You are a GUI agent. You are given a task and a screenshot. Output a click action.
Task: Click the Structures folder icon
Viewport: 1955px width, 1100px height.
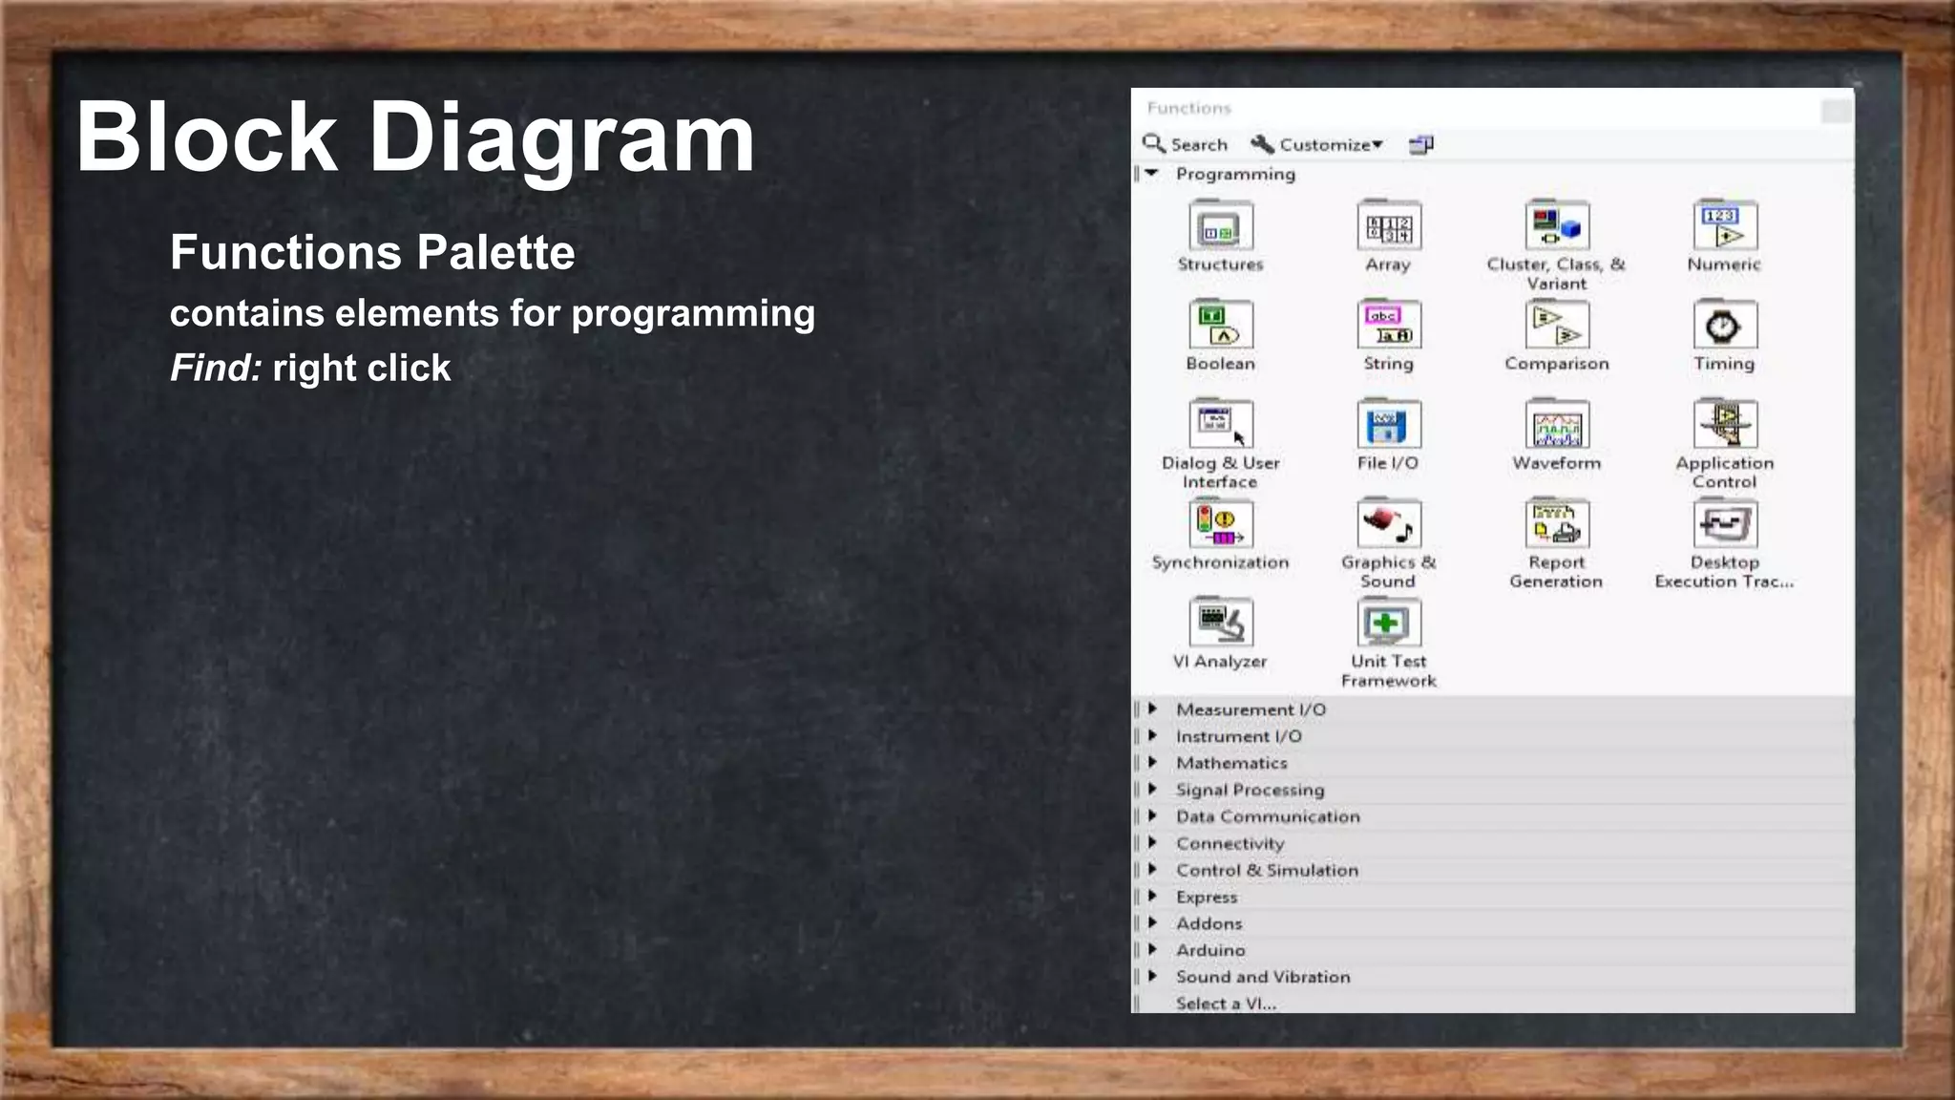tap(1220, 227)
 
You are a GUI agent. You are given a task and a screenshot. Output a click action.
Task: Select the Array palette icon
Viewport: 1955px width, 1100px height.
tap(1388, 227)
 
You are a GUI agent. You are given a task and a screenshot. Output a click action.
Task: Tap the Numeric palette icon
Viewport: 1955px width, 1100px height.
tap(1724, 227)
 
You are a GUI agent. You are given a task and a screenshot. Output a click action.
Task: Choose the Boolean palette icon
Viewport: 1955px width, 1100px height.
tap(1220, 326)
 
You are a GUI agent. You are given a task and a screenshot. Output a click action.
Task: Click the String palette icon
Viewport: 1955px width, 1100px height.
tap(1388, 326)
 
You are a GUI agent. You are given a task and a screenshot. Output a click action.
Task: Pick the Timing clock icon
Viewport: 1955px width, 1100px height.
tap(1724, 326)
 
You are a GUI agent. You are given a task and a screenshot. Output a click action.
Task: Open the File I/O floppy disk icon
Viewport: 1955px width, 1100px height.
tap(1388, 425)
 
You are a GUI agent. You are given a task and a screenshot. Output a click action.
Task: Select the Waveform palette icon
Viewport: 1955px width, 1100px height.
tap(1556, 425)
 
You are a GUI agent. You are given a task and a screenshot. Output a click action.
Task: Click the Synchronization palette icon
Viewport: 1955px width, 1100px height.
tap(1220, 524)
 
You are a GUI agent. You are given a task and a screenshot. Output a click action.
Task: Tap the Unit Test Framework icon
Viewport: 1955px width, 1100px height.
tap(1388, 624)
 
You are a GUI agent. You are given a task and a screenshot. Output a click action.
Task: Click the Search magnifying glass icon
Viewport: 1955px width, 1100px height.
tap(1154, 144)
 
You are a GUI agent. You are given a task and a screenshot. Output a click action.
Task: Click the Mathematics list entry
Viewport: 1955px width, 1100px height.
tap(1231, 763)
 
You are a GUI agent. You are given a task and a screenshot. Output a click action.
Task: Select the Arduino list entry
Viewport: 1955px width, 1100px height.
tap(1210, 950)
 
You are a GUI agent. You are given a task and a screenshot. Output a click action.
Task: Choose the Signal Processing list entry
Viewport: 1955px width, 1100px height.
tap(1250, 790)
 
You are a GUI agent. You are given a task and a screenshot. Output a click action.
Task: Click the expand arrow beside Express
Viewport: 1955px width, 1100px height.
tap(1153, 897)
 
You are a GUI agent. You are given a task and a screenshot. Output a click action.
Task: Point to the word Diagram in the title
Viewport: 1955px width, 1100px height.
tap(561, 138)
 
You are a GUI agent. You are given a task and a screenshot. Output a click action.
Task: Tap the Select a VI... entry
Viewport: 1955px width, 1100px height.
tap(1226, 1004)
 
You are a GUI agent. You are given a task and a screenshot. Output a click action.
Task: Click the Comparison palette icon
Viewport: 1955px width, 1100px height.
tap(1556, 326)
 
